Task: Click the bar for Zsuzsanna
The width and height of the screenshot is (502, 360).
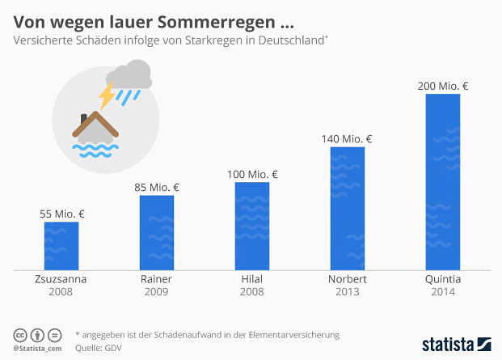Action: point(61,245)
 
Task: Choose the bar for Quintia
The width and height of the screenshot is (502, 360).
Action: point(442,182)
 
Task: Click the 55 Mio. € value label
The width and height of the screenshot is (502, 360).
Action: point(62,214)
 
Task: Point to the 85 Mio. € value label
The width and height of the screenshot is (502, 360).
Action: point(157,188)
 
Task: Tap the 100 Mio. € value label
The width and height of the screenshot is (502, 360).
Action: point(252,174)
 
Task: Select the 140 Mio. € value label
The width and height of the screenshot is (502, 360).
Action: point(348,138)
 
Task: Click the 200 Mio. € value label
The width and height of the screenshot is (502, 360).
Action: point(443,86)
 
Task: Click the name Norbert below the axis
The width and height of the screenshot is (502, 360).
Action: point(348,279)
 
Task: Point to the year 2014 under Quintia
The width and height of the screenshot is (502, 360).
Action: point(443,292)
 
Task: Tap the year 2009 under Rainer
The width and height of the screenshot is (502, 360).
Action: point(157,292)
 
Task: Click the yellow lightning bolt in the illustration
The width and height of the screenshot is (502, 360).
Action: point(107,96)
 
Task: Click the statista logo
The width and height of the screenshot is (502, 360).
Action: point(456,344)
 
